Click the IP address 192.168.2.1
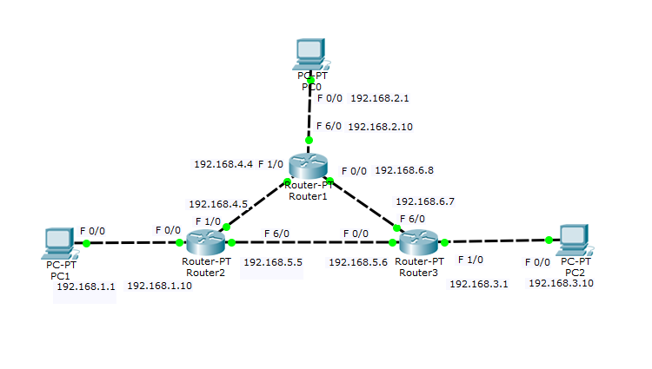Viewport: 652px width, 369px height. [380, 98]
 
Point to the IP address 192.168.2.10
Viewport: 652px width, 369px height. [380, 127]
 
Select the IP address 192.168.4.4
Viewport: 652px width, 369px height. [223, 163]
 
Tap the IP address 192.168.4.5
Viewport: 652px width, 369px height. [218, 204]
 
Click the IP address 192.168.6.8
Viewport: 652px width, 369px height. [404, 170]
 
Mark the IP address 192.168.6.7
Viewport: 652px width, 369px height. [425, 201]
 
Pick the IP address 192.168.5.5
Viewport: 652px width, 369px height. [272, 260]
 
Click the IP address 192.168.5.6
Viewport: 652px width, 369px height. [358, 260]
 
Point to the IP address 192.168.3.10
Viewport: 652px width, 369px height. [561, 284]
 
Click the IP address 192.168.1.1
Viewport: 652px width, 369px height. [84, 286]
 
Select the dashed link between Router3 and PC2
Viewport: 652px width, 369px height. [496, 241]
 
